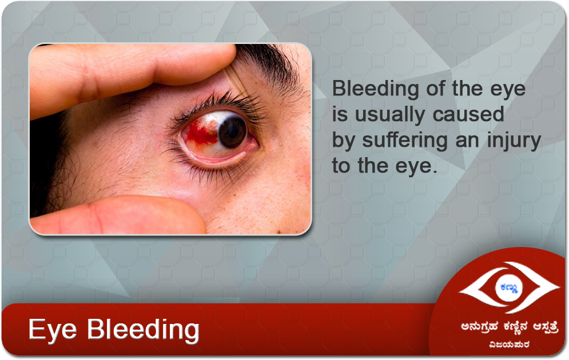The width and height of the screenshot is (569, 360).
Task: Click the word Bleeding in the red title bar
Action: pos(143,330)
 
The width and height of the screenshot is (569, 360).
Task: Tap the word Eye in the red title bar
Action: pos(53,330)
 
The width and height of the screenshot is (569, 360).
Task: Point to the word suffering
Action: pos(405,141)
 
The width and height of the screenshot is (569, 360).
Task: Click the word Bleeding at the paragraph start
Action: pos(376,89)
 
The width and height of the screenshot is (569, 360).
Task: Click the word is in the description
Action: pos(340,114)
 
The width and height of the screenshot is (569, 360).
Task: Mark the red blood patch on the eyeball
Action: pos(201,133)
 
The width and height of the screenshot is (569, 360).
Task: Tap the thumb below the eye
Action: pos(120,215)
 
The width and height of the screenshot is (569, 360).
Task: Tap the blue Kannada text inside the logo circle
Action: pos(509,288)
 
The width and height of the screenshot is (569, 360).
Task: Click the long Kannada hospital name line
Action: pos(510,327)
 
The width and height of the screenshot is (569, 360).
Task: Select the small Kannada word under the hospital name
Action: pos(509,343)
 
